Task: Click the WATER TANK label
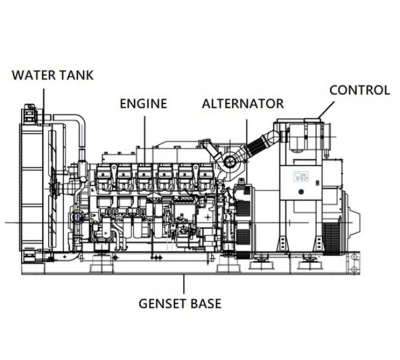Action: [x=53, y=75]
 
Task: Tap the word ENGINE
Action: [x=143, y=103]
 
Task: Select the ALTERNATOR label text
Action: [x=243, y=103]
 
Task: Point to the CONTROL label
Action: [x=360, y=90]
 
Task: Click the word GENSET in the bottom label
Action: [x=163, y=304]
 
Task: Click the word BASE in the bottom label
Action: [x=206, y=304]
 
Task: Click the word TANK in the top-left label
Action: [x=77, y=75]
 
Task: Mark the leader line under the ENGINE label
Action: [x=145, y=139]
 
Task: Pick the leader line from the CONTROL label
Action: [x=326, y=110]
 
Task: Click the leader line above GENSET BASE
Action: [x=184, y=284]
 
